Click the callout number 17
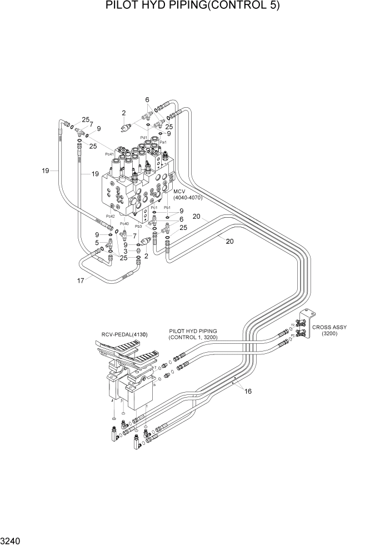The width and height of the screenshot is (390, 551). click(81, 280)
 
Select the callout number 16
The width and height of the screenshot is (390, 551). click(248, 391)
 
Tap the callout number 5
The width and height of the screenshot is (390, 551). click(97, 243)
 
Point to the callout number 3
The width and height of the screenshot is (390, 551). click(126, 251)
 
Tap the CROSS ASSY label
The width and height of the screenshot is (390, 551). click(329, 327)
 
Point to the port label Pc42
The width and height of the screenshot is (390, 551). click(109, 216)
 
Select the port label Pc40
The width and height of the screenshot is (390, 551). click(124, 224)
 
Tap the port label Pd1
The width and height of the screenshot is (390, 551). click(143, 137)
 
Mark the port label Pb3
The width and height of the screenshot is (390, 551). click(138, 226)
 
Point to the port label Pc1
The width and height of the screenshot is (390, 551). click(154, 207)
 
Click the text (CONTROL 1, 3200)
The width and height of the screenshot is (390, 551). click(193, 337)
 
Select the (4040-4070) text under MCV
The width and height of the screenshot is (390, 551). click(188, 197)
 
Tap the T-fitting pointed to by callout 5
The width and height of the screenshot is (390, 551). click(111, 243)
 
